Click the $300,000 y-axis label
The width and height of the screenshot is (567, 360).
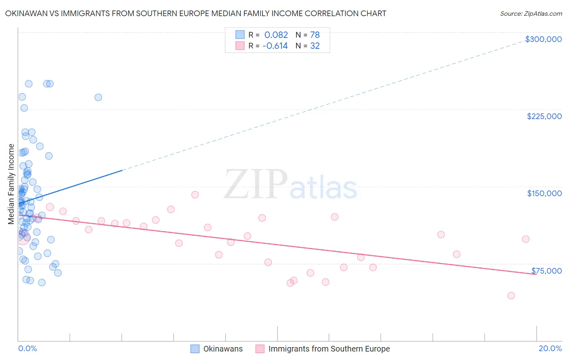coord(543,39)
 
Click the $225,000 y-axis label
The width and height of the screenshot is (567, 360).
coord(544,116)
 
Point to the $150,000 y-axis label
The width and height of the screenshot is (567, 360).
coord(544,193)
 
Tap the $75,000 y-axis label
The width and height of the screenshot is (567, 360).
coord(546,271)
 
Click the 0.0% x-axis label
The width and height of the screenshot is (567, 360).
coord(27,348)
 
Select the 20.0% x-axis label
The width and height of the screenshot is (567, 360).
coord(550,348)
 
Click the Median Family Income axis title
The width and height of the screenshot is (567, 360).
coord(11,184)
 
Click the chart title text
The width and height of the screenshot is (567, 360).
coord(196,13)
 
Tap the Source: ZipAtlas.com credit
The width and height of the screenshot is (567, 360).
coord(531,14)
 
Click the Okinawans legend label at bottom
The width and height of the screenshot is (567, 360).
coord(223,349)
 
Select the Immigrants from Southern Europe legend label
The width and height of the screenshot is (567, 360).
coord(329,349)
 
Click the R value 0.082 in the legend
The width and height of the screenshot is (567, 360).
coord(276,35)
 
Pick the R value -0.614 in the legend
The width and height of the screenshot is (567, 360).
coord(275,46)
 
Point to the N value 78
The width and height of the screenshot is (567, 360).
coord(315,35)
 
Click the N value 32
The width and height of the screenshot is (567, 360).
coord(315,46)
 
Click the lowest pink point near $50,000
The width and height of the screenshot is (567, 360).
coord(511,295)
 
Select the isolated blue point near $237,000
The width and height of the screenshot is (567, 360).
coord(98,97)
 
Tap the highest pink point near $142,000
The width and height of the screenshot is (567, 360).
coord(195,195)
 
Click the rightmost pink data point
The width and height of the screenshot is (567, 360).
coord(525,239)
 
